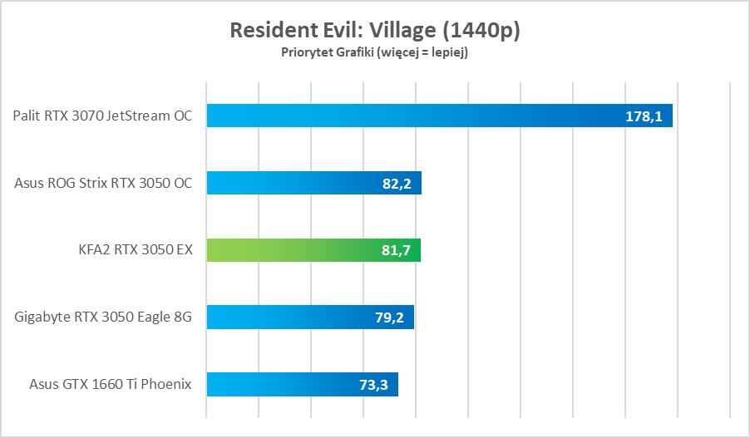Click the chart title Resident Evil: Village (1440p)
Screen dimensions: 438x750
point(374,31)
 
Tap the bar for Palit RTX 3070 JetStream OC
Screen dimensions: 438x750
point(439,116)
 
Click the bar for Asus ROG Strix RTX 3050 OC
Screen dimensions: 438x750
point(313,183)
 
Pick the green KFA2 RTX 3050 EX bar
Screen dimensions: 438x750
point(313,250)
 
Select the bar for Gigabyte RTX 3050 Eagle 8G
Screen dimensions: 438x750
point(310,317)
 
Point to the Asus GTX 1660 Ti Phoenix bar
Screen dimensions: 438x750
point(302,384)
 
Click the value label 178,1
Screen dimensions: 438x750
point(644,116)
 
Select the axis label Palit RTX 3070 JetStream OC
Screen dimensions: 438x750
point(103,116)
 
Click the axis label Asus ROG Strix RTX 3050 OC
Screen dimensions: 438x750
point(104,183)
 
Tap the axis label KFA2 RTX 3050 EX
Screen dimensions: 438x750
point(136,250)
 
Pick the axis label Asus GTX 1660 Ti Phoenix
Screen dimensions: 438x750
point(111,384)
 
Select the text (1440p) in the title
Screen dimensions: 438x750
point(481,31)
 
